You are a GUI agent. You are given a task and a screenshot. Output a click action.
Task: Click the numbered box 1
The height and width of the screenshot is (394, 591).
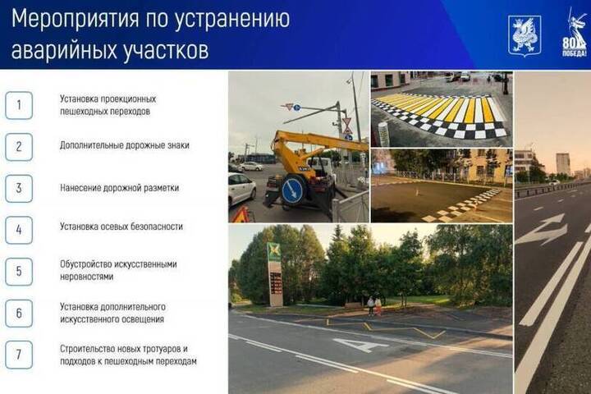(19, 105)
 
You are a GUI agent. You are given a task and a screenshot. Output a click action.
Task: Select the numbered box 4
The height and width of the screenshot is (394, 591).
(19, 230)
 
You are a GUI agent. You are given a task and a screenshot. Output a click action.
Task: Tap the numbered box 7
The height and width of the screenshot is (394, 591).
(19, 355)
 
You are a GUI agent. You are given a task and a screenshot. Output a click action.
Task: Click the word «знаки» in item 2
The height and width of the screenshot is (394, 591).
(177, 145)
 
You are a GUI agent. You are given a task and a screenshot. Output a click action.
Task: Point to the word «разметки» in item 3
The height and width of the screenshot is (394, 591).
(159, 188)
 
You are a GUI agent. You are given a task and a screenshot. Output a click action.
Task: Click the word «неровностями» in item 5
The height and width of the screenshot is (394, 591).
(86, 277)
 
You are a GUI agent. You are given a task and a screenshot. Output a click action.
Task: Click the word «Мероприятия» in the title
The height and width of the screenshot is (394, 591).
(76, 20)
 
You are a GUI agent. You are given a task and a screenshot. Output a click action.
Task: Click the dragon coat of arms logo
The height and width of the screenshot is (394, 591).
(525, 36)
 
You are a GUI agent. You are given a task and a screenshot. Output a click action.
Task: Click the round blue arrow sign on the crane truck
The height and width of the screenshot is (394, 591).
(292, 190)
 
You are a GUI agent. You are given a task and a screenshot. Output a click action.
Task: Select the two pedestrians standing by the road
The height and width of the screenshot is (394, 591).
(374, 306)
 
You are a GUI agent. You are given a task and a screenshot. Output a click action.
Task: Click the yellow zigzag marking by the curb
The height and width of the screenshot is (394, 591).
(385, 327)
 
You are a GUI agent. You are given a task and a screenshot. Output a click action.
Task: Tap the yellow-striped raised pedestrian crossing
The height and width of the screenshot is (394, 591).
(439, 114)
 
